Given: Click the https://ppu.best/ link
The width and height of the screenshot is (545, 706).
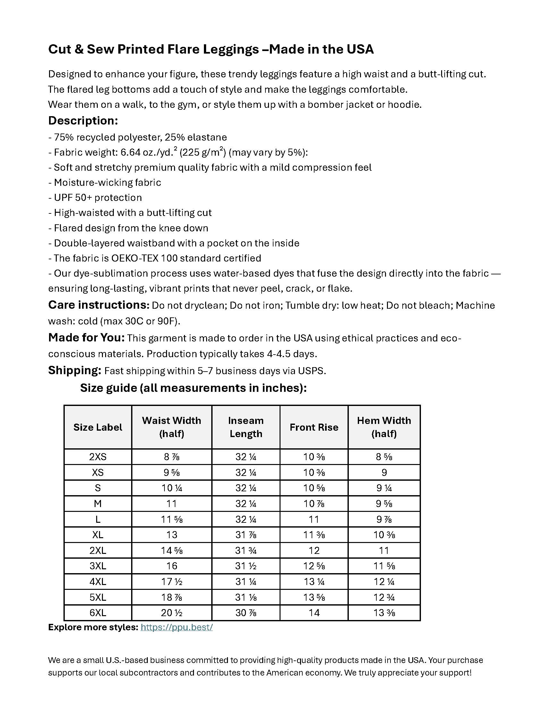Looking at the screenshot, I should click(177, 627).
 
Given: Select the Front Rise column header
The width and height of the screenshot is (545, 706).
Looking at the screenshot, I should click(314, 427).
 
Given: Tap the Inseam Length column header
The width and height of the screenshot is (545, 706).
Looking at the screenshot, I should click(246, 427).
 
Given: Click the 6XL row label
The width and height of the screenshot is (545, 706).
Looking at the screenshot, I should click(98, 613).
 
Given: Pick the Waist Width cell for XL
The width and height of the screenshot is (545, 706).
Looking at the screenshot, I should click(172, 535).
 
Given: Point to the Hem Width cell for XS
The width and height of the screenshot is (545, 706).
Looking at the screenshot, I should click(384, 472).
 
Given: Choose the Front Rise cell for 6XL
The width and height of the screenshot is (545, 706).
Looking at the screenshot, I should click(314, 613).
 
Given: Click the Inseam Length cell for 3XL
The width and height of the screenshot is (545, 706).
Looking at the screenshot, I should click(246, 566).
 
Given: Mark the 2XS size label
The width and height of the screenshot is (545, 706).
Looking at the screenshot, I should click(98, 457).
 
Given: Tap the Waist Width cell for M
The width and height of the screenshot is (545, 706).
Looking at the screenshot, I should click(172, 504).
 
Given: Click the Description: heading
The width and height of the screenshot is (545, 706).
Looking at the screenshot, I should click(83, 121).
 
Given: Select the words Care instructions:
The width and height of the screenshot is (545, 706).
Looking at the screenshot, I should click(98, 305).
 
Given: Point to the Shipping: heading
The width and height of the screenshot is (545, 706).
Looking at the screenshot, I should click(75, 370).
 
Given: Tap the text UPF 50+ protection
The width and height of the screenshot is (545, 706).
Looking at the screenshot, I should click(98, 197).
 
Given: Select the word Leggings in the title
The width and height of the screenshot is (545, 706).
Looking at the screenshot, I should click(231, 49).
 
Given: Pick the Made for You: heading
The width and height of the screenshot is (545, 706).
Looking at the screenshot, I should click(86, 338).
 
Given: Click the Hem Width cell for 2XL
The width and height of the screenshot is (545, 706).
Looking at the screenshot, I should click(384, 550).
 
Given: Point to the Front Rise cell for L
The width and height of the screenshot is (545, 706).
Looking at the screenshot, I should click(314, 519).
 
